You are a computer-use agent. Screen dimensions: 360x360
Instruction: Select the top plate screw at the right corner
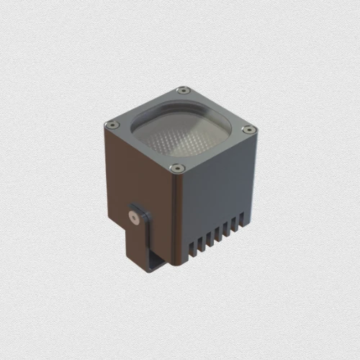248,130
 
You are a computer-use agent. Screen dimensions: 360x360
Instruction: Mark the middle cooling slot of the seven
217,232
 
